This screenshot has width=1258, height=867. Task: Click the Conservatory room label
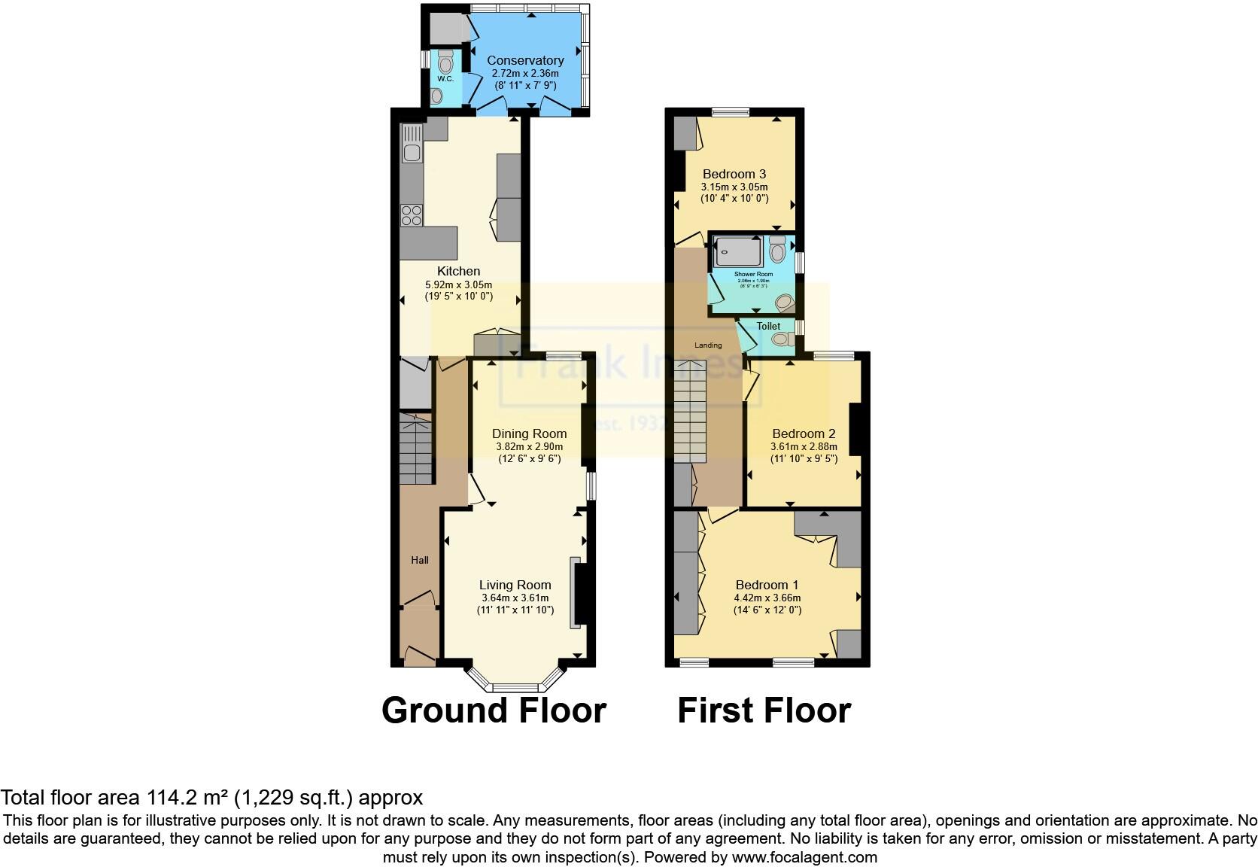point(525,60)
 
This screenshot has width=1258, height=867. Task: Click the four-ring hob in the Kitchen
point(411,215)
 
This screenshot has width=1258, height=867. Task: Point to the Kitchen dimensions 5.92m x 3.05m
point(458,284)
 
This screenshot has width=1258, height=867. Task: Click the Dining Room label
point(529,433)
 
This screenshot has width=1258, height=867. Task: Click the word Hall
point(420,560)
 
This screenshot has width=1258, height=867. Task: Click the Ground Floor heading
point(494,710)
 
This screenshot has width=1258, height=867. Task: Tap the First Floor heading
point(764,710)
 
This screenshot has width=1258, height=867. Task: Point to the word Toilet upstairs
point(768,326)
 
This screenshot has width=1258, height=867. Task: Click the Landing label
point(707,345)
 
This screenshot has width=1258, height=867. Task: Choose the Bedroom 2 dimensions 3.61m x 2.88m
point(803,446)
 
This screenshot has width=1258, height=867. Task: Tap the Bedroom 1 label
point(767,585)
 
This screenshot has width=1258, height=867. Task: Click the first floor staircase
point(691,412)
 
